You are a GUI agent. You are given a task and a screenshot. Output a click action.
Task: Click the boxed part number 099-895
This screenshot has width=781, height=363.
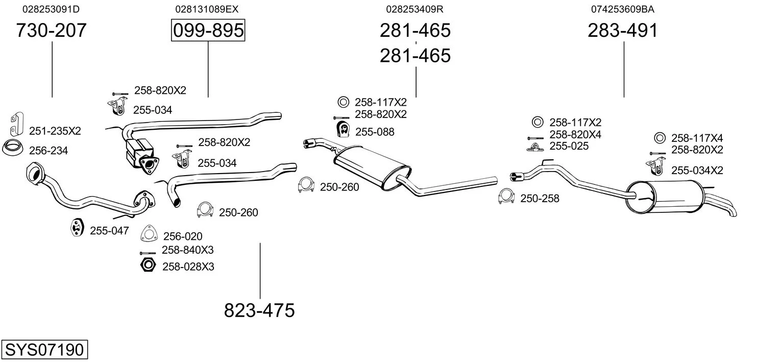[x=208, y=31]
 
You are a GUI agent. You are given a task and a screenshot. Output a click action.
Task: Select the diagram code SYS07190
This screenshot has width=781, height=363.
[x=44, y=350]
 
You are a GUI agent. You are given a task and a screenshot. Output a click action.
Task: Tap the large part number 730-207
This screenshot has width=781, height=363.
[x=51, y=31]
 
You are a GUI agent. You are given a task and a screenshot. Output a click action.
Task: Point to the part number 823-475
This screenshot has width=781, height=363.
[x=259, y=310]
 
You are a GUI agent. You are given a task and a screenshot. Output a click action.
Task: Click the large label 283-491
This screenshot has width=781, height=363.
[x=623, y=31]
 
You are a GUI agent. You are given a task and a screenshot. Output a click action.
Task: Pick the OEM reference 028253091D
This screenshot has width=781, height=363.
[x=51, y=9]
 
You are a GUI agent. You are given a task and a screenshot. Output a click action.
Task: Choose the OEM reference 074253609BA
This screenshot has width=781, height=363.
[x=623, y=9]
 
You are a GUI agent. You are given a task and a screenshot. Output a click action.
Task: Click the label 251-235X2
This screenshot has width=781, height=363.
[x=55, y=131]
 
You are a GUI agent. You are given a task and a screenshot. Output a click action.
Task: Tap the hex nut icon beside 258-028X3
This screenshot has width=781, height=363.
[x=148, y=265]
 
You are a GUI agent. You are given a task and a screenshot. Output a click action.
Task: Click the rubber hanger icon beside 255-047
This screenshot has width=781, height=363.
[x=77, y=228]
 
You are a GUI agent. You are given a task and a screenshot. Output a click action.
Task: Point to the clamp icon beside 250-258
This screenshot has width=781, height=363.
[x=506, y=197]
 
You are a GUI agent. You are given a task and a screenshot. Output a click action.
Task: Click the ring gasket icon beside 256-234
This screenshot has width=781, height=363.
[x=12, y=149]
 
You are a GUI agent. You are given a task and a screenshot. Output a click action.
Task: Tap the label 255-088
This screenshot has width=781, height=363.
[x=375, y=132]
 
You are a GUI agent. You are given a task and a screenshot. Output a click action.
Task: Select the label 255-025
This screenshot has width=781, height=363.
[x=569, y=147]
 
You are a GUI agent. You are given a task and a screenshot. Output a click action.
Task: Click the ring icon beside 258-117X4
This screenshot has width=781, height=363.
[x=659, y=138]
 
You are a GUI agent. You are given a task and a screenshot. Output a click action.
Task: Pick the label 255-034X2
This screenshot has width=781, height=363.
[x=697, y=171]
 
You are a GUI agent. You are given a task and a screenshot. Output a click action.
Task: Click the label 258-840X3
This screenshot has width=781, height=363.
[x=187, y=250]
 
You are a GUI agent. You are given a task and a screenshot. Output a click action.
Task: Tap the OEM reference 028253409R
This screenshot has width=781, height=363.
[x=414, y=9]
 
